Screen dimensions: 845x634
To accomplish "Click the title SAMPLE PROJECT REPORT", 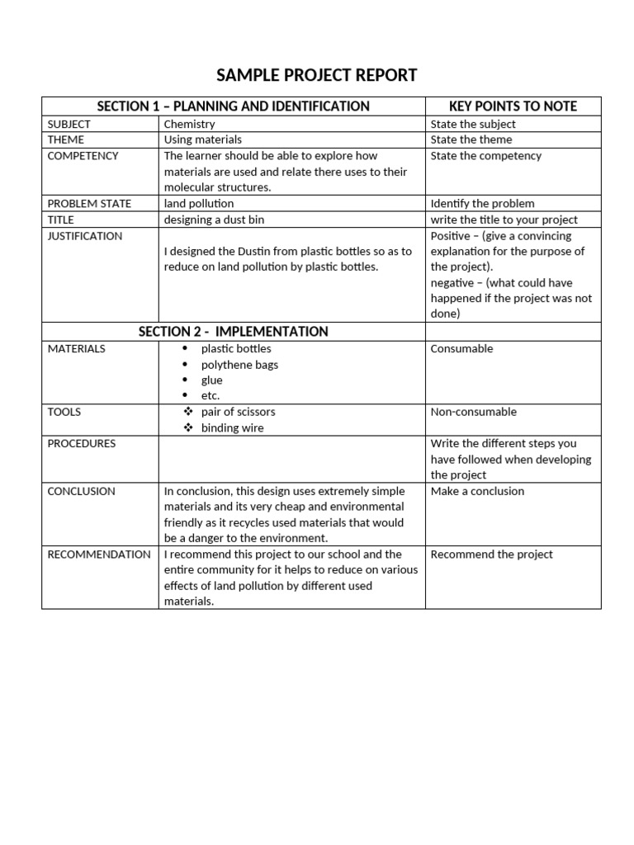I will click(316, 76).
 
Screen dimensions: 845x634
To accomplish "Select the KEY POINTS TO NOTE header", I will click(513, 106).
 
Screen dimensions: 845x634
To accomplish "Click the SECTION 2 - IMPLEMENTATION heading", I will click(234, 332).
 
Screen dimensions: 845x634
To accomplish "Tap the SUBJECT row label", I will click(69, 124).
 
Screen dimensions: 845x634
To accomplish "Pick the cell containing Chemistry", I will click(189, 124).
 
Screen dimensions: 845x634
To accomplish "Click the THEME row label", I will click(66, 139).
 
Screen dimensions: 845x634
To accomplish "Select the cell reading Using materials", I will click(203, 139).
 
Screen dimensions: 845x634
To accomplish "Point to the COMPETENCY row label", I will click(83, 156).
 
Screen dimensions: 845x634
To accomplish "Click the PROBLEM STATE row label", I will click(89, 204).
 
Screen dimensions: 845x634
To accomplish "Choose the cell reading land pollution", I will click(199, 204).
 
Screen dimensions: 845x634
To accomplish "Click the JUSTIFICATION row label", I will click(85, 236).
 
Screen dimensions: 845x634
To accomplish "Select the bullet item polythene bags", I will click(239, 365).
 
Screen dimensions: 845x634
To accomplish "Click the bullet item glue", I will click(211, 380).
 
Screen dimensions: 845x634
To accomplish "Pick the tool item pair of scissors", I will click(238, 412).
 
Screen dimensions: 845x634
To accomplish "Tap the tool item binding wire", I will click(232, 427).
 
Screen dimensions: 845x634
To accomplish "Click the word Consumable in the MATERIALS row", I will click(461, 349).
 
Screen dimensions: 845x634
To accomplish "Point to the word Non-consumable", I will click(473, 412).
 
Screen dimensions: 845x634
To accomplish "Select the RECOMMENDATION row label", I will click(99, 555).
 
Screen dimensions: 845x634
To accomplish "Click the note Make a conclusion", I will click(477, 491).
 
